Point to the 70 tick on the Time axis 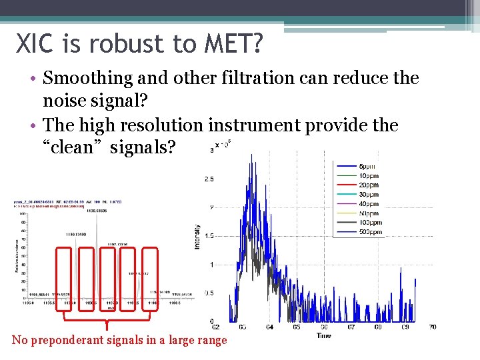point(433,327)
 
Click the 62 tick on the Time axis point(215,327)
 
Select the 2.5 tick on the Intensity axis point(208,179)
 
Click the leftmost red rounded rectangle point(65,279)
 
